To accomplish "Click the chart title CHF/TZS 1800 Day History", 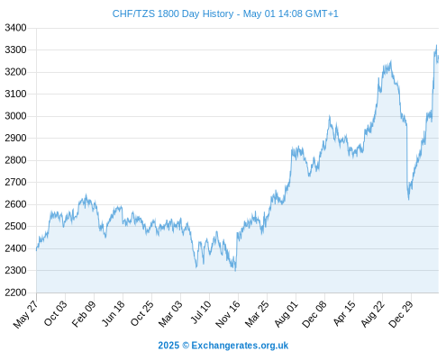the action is coord(173,13).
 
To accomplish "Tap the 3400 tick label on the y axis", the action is coord(15,28).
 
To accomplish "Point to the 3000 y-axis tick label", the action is coord(15,116).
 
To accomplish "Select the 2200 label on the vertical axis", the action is coord(15,292).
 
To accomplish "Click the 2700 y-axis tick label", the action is coord(15,182).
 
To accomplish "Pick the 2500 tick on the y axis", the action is coord(15,226).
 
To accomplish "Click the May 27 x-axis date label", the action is coord(26,314).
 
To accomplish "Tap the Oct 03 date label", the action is coord(56,313).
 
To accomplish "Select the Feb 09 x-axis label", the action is coord(84,313).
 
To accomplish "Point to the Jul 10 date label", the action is coord(201,312).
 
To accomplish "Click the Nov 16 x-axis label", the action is coord(228,314).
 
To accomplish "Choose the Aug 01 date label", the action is coord(287,314).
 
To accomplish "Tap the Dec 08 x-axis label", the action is coord(314,314).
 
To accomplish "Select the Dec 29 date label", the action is coord(401,314).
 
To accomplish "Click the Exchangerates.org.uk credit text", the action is coord(240,346).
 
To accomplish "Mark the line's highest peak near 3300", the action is coord(436,45).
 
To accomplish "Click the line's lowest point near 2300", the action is coord(235,271).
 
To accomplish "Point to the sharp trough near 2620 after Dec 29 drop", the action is coord(408,199).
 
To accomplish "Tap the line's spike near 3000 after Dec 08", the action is coord(330,116).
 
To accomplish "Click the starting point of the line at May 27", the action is coord(37,249).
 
